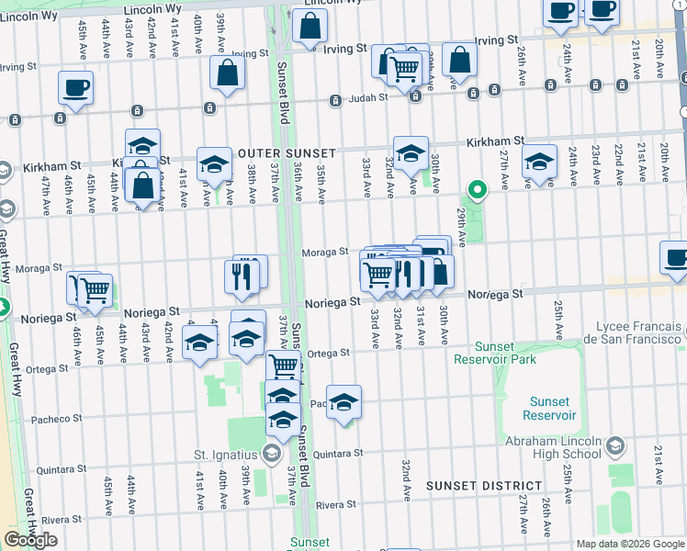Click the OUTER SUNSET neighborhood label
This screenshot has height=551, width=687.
pyautogui.click(x=285, y=152)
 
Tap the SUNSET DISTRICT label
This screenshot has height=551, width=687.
pyautogui.click(x=484, y=485)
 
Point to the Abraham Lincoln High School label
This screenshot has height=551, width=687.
pyautogui.click(x=553, y=447)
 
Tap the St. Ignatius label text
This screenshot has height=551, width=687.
pyautogui.click(x=225, y=455)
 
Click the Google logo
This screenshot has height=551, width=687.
pyautogui.click(x=30, y=539)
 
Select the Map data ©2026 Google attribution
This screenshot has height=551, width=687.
pyautogui.click(x=629, y=544)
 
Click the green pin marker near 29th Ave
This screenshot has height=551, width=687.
pyautogui.click(x=478, y=191)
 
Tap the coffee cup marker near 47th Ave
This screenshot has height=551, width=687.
pyautogui.click(x=75, y=88)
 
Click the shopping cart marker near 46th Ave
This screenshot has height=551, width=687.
pyautogui.click(x=94, y=290)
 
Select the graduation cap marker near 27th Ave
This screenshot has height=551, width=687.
pyautogui.click(x=539, y=161)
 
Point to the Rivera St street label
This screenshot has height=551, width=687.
pyautogui.click(x=335, y=505)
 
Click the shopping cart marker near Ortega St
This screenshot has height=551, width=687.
pyautogui.click(x=284, y=366)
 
